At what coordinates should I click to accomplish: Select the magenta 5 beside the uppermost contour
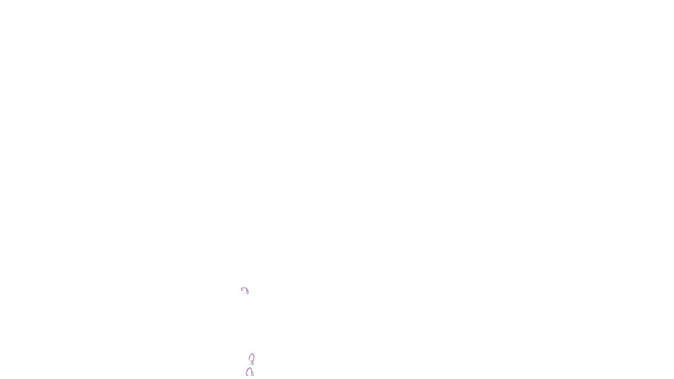tap(248, 292)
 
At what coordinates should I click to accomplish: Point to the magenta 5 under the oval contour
tap(252, 362)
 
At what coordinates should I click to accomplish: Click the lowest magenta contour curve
tap(247, 371)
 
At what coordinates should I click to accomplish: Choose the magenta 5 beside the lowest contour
tap(252, 373)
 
